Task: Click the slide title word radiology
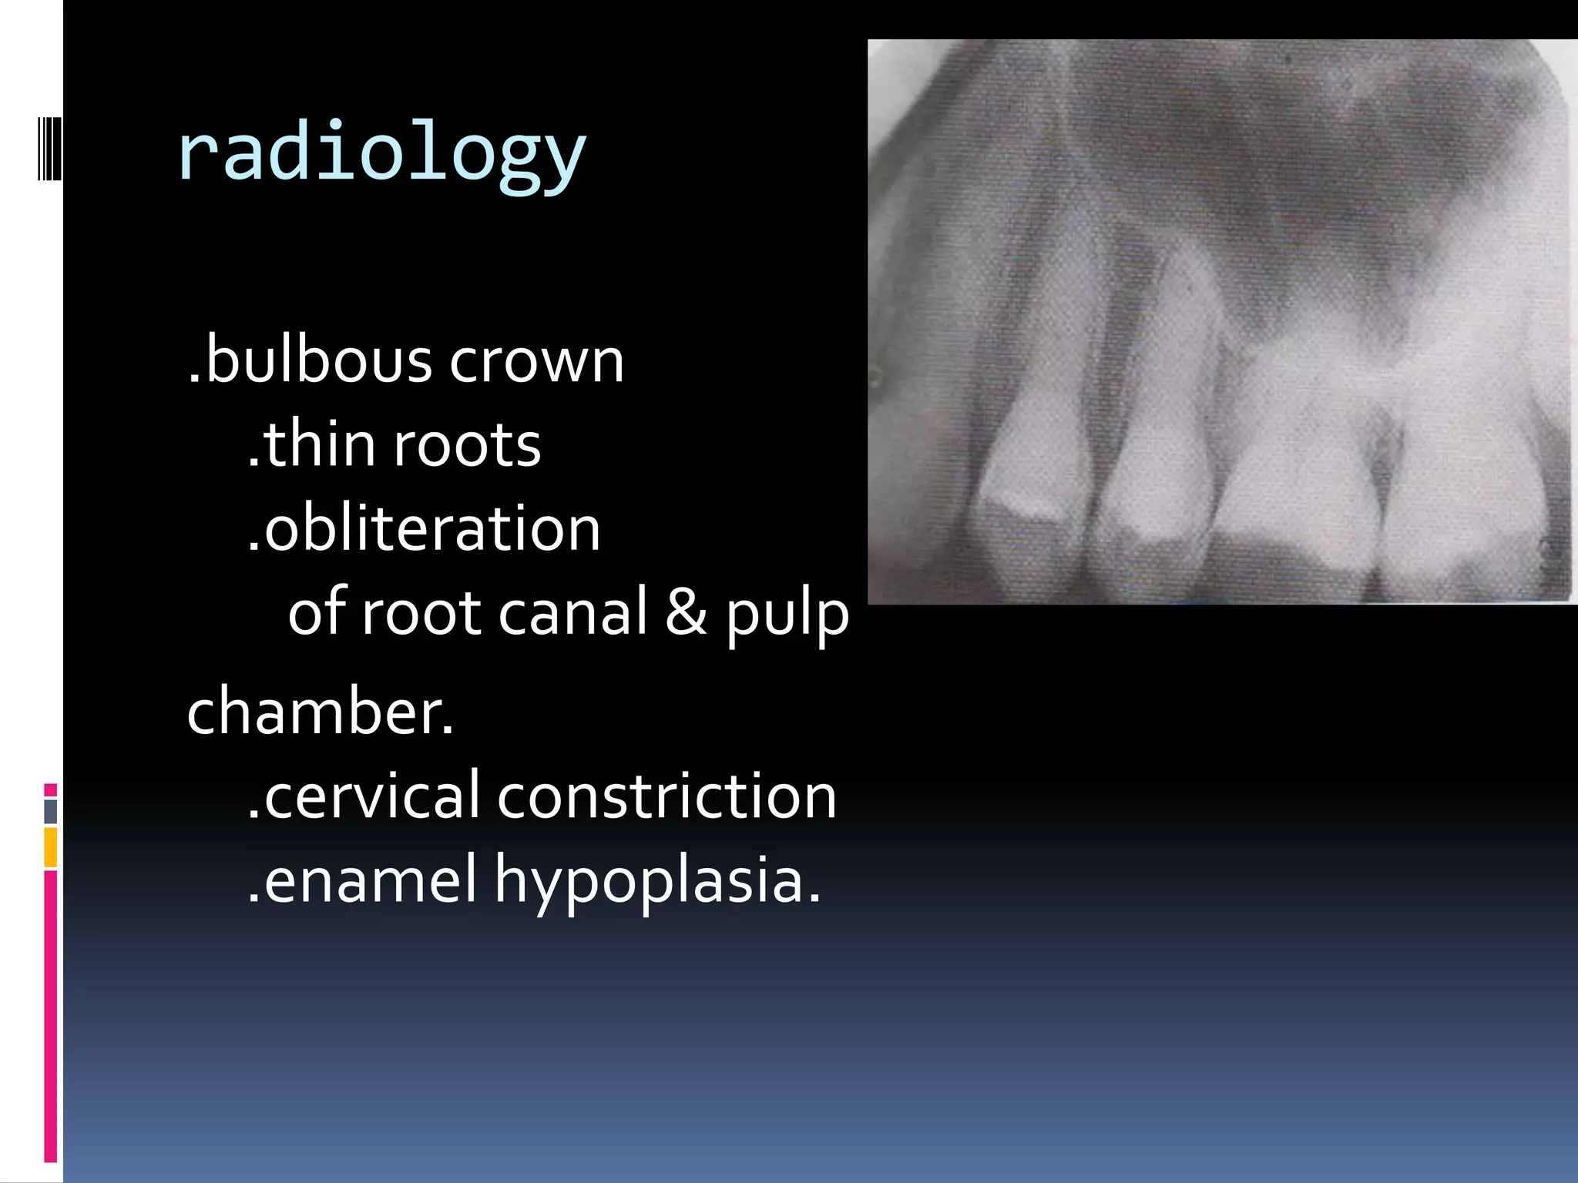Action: [381, 154]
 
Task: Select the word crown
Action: [536, 361]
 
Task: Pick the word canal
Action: [573, 613]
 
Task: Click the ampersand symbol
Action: [686, 613]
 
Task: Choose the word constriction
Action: [667, 796]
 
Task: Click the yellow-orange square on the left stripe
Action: [51, 847]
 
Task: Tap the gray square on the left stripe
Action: [51, 811]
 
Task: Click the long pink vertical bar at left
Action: [51, 1017]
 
